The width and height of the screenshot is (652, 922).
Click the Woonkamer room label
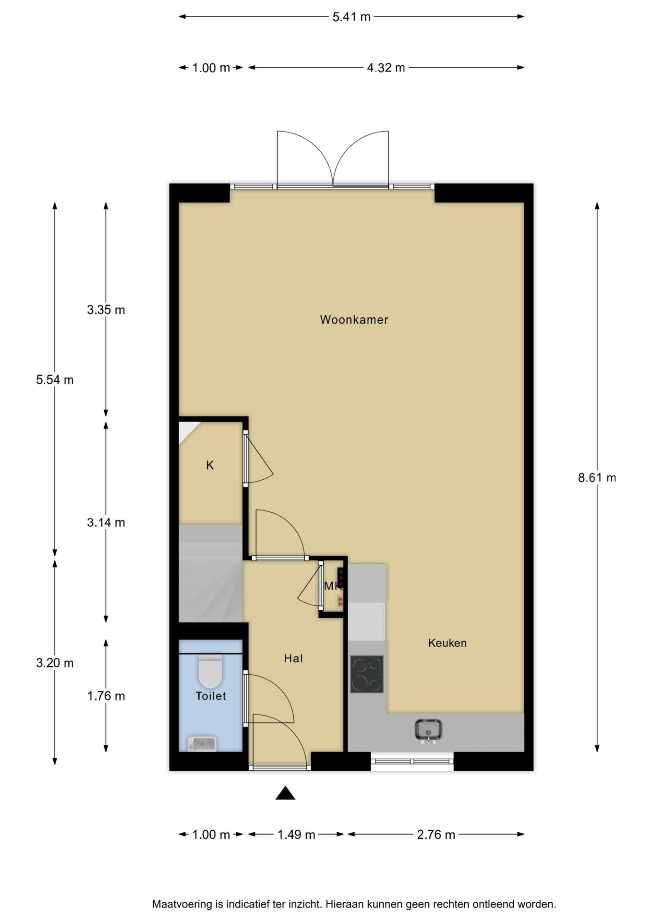click(354, 320)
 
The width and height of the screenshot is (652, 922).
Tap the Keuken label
click(447, 643)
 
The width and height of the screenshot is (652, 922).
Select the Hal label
click(293, 658)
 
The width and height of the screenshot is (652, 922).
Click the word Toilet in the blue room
click(211, 696)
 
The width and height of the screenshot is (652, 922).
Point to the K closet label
click(210, 465)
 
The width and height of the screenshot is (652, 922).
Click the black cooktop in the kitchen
click(366, 674)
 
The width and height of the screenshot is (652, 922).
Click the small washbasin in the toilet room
click(202, 744)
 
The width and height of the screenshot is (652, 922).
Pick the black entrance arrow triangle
click(285, 793)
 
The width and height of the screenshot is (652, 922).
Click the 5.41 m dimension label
click(351, 17)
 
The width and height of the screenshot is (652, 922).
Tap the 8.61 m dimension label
click(597, 478)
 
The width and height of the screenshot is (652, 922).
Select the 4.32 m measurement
click(386, 68)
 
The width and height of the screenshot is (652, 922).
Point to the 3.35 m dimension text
click(106, 310)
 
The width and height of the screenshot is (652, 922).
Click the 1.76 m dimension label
click(106, 696)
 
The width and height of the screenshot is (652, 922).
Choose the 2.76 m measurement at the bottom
click(436, 835)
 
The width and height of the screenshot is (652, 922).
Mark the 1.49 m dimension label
click(296, 835)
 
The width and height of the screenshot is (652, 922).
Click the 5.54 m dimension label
click(55, 380)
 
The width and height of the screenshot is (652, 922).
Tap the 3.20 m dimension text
click(55, 663)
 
